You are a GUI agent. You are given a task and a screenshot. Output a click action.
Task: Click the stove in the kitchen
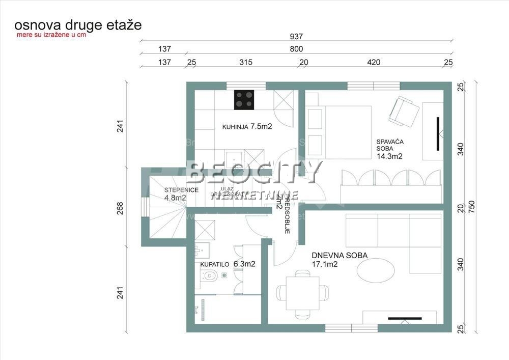(244, 100)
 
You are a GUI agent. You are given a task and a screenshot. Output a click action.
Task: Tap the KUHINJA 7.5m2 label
(247, 127)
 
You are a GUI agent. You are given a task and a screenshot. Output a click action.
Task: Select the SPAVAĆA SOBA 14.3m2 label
(389, 148)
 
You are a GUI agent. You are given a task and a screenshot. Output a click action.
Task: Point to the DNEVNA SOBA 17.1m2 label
(340, 260)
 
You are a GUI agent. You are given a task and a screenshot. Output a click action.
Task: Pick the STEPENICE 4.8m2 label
(181, 193)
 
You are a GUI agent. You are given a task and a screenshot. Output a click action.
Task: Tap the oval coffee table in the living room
(376, 270)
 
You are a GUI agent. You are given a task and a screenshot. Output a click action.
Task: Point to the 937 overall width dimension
(296, 36)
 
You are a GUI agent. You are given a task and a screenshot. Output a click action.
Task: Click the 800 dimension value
(296, 49)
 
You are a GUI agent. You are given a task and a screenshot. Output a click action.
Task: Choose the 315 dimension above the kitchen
(246, 63)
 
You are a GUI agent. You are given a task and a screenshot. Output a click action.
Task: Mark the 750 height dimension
(473, 207)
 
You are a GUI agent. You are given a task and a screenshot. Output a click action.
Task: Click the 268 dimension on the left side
(120, 209)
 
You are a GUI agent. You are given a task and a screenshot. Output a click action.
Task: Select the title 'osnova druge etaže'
(78, 24)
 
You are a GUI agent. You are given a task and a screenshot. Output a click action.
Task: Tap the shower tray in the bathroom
(205, 231)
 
